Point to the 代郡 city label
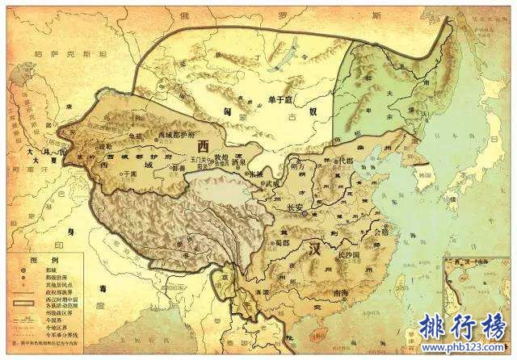click(348, 161)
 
